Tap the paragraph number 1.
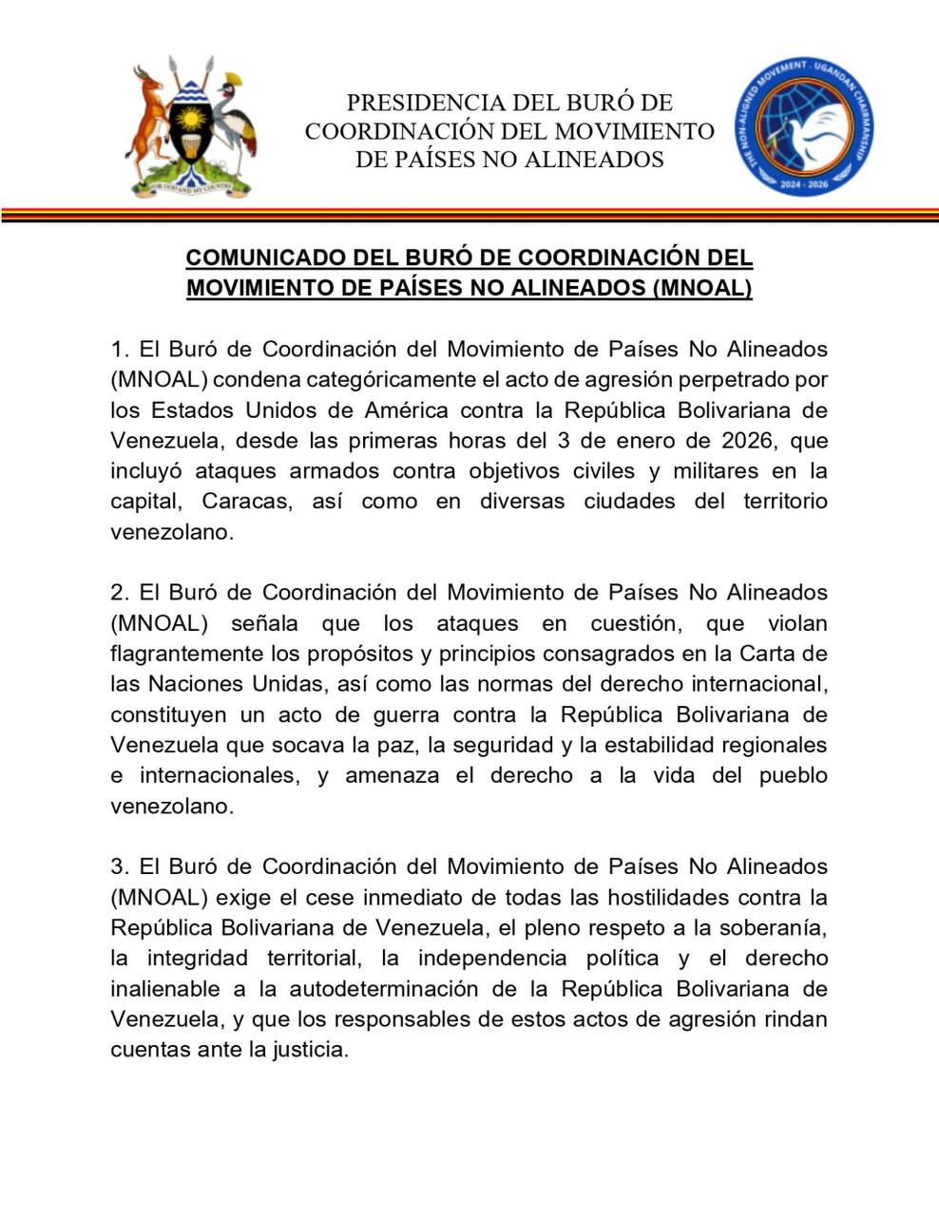tap(117, 349)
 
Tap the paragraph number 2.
tap(117, 592)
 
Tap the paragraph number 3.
tap(117, 866)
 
